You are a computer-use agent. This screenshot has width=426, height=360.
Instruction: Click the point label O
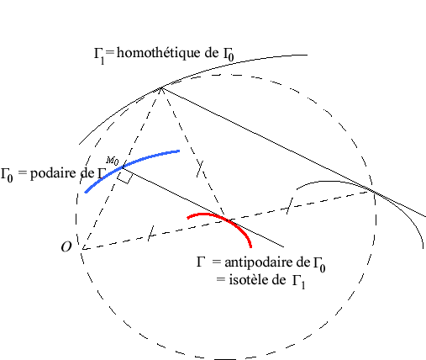click(x=66, y=247)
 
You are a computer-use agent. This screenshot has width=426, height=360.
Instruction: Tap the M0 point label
click(x=113, y=161)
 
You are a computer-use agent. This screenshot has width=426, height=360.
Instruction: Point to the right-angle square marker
click(x=124, y=177)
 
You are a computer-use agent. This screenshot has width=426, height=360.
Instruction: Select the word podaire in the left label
click(x=62, y=173)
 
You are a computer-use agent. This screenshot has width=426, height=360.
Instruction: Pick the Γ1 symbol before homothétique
click(x=99, y=55)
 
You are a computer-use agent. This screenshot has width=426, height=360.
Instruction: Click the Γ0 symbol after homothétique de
click(x=229, y=54)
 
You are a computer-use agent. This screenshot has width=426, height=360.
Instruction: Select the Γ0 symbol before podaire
click(x=7, y=175)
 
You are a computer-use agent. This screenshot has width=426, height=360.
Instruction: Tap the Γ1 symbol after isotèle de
click(x=299, y=282)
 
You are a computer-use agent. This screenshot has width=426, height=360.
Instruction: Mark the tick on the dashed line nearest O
click(x=150, y=233)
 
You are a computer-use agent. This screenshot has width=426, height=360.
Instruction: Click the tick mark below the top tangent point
click(x=200, y=168)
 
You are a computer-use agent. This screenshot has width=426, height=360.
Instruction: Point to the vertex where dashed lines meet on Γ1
click(x=161, y=88)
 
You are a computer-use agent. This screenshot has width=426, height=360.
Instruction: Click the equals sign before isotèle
click(x=221, y=279)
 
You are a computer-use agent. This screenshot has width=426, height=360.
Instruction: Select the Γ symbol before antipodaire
click(x=201, y=262)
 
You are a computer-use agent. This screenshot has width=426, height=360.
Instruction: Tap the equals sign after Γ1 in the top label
click(x=110, y=52)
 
